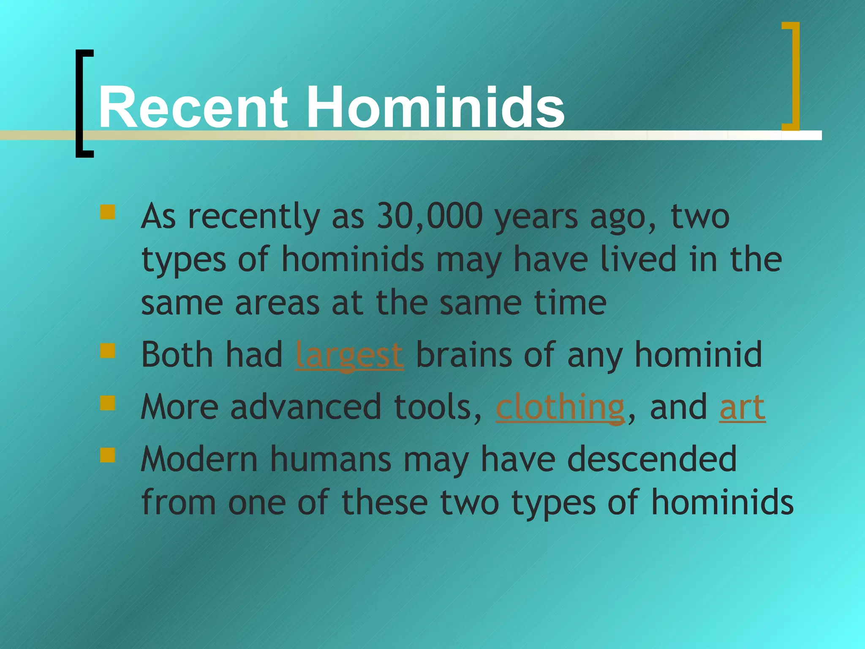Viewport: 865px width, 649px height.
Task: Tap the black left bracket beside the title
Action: [83, 104]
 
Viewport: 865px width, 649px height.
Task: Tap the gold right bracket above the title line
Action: [792, 76]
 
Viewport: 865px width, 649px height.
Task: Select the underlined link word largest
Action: [349, 355]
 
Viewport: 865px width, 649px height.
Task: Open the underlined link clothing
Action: [560, 407]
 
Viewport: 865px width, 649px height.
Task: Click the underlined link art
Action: [742, 407]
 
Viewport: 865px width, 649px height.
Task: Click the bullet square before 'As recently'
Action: [108, 212]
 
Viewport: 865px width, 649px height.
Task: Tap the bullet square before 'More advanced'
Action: [108, 403]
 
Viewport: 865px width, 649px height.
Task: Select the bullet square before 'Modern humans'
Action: [108, 455]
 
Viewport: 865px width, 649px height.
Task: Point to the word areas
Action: [277, 303]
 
